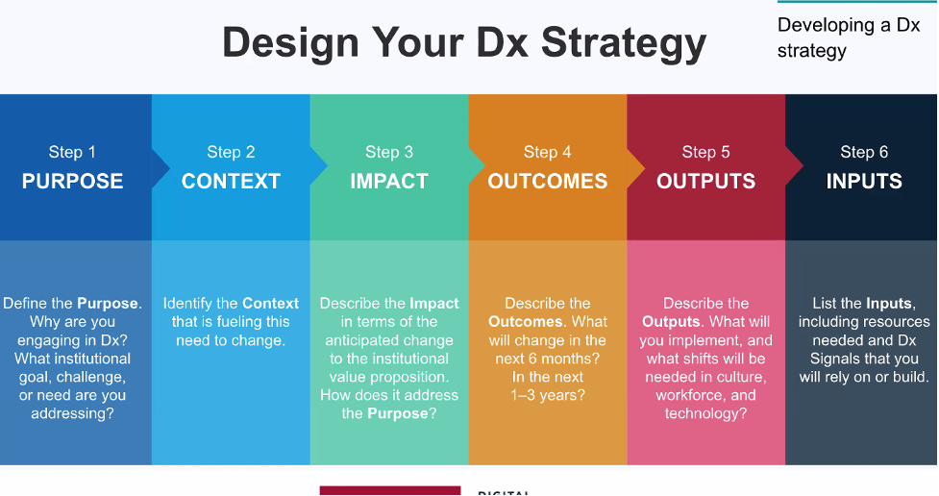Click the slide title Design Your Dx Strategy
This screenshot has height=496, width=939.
click(464, 42)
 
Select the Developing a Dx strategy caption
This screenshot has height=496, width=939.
click(848, 37)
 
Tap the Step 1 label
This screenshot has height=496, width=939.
click(72, 152)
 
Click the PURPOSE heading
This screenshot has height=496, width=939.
click(72, 182)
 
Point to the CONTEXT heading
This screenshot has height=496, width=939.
click(231, 182)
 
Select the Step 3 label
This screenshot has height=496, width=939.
click(389, 152)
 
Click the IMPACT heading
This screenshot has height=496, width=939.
click(389, 182)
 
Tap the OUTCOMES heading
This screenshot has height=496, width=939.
click(547, 182)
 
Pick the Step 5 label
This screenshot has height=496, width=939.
click(705, 152)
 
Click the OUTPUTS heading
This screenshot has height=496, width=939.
click(705, 182)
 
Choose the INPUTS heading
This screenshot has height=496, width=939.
click(864, 182)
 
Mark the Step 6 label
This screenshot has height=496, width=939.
click(864, 152)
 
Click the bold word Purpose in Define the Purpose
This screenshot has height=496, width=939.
click(108, 304)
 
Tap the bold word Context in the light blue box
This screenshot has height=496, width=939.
click(270, 304)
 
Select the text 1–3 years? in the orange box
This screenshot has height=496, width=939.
click(548, 395)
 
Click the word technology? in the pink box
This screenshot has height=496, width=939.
click(705, 413)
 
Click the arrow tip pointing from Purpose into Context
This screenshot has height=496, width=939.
click(164, 167)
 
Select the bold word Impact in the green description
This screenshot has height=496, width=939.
click(434, 304)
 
